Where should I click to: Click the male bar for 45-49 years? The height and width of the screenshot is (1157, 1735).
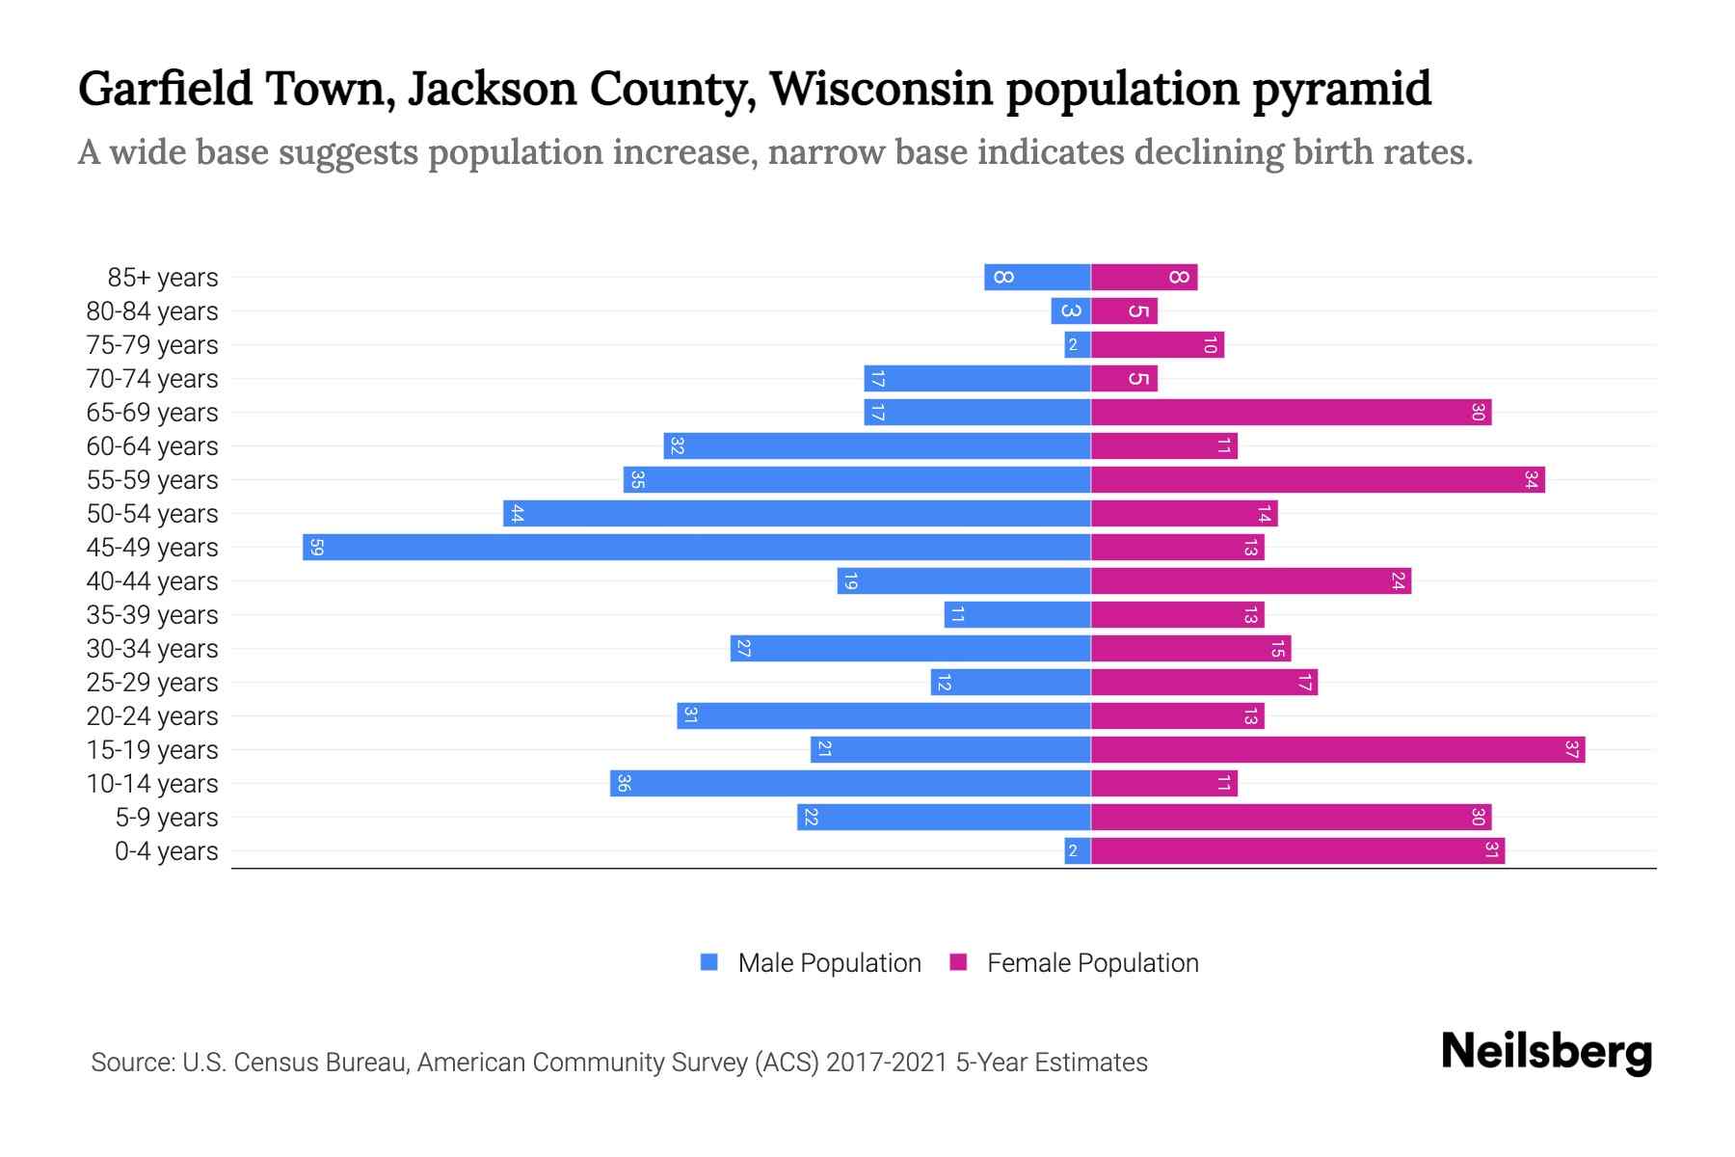click(696, 547)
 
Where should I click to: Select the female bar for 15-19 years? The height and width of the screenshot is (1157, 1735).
click(1338, 749)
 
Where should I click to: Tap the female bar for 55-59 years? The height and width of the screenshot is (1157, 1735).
click(1318, 479)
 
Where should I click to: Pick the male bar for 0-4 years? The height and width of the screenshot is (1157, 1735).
click(1078, 850)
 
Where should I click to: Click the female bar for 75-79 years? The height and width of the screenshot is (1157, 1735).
click(1157, 344)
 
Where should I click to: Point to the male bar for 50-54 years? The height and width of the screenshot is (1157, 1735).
click(796, 513)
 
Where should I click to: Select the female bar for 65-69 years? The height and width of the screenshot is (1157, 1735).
click(1291, 412)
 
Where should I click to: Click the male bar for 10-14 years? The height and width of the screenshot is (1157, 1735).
click(850, 783)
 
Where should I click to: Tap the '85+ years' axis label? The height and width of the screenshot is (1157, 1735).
click(162, 278)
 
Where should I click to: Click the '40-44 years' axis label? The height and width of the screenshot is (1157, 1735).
click(152, 581)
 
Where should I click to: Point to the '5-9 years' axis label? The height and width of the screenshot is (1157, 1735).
click(166, 818)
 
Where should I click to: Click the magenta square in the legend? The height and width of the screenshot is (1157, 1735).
click(958, 962)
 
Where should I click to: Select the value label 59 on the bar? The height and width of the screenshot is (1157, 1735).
click(316, 548)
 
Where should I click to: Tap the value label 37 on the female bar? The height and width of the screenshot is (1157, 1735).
click(1571, 749)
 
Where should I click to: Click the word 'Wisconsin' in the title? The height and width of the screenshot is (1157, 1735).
click(881, 89)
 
